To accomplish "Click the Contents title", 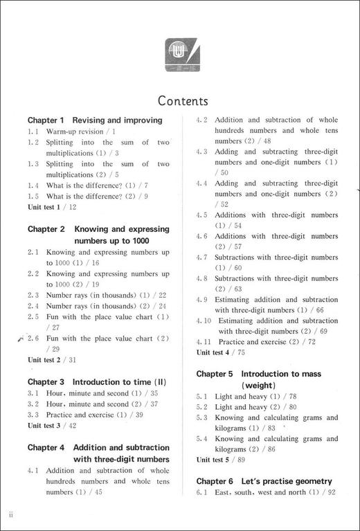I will coord(183,101).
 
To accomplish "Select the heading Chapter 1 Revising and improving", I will coord(95,120).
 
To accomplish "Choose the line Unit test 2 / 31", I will coord(52,360).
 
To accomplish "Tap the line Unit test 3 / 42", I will coord(52,426).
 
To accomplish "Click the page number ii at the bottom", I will coord(11,514).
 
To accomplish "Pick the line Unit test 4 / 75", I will coord(221,352).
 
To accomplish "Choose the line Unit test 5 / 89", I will coord(221,460).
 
